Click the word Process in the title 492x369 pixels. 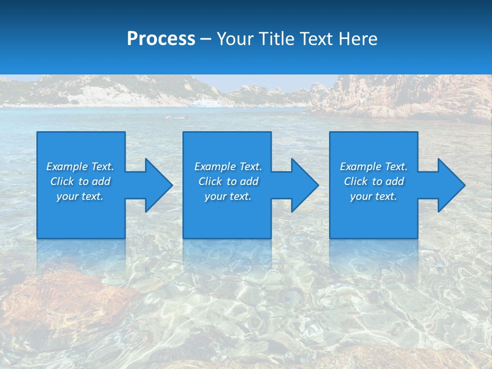coord(161,39)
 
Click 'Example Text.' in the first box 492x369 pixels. coord(80,167)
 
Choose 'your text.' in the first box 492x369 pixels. coord(80,196)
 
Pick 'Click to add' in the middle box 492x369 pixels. coord(228,181)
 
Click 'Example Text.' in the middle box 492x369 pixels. coord(228,167)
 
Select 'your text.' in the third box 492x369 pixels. coord(374,196)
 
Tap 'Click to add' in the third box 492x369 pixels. coord(374,181)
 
